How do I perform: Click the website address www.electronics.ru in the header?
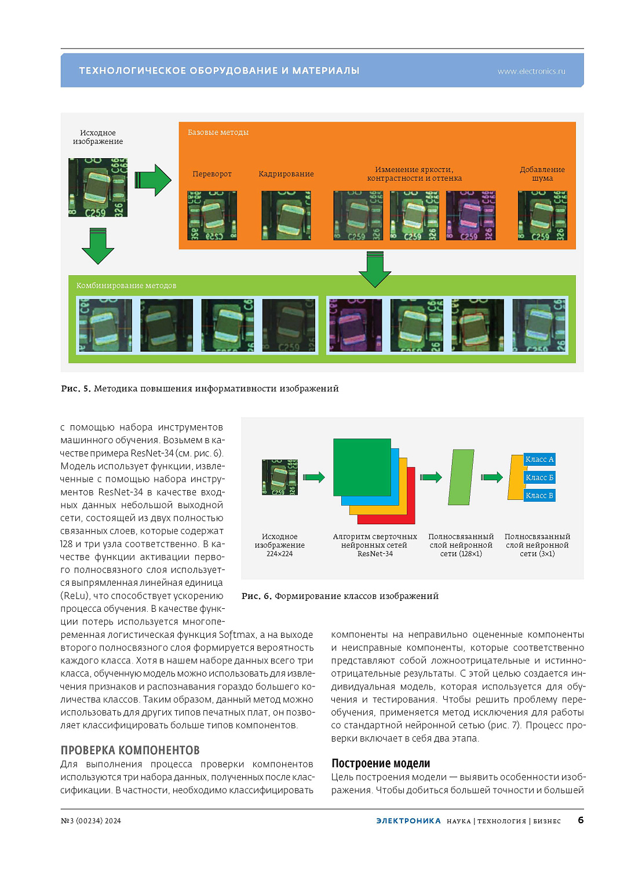pos(531,71)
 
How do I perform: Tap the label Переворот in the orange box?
pos(212,174)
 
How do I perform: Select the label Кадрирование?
pos(286,174)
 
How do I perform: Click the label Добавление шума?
pos(542,174)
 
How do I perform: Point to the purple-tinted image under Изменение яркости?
pos(470,216)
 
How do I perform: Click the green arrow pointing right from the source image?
pos(153,180)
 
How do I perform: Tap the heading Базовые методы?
pos(218,133)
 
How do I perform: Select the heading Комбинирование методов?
pos(126,286)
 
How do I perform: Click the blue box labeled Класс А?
pos(539,459)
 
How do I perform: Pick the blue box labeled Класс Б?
pos(539,477)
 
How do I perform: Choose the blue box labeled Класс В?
pos(539,495)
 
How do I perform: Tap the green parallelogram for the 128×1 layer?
pos(461,477)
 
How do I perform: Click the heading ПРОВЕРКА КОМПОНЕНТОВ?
pos(130,750)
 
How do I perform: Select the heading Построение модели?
pos(381,764)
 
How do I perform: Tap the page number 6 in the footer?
pos(581,820)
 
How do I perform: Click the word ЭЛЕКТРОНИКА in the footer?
pos(408,821)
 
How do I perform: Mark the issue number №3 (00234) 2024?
pos(91,821)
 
